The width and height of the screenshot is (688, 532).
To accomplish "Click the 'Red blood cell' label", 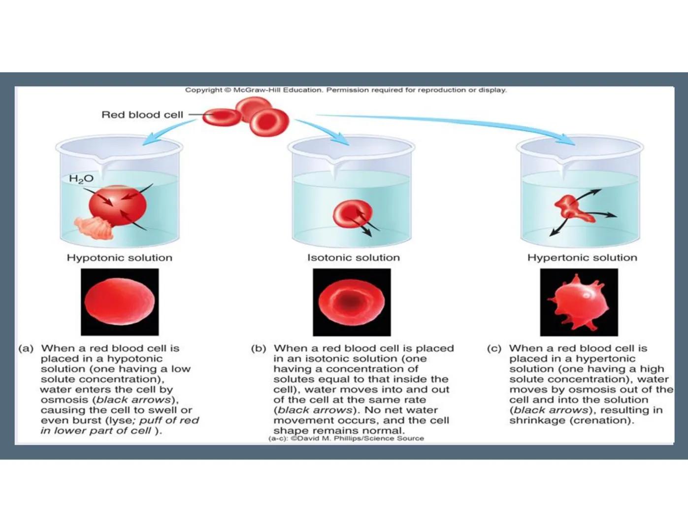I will [142, 115].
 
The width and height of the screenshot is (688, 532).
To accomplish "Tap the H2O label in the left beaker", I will [81, 179].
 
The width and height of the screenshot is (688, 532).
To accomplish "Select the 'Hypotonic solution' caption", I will [120, 258].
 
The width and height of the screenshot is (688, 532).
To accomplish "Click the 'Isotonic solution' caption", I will [353, 258].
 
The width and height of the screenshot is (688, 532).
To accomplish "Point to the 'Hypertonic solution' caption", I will [582, 258].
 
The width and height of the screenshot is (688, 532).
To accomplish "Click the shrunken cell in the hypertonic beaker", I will [572, 207].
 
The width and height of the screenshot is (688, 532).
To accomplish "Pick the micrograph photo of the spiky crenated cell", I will [579, 302].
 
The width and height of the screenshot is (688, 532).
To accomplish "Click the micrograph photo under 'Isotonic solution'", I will [352, 302].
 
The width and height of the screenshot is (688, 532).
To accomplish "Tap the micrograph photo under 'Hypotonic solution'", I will [120, 302].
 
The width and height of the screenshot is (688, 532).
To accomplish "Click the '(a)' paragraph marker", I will [26, 349].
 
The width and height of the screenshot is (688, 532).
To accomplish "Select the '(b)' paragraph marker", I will [259, 349].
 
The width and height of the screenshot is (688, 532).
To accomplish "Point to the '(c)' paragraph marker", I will [494, 349].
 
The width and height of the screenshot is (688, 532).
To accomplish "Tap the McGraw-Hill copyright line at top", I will [345, 90].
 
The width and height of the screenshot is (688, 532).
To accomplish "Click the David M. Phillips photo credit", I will [346, 438].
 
